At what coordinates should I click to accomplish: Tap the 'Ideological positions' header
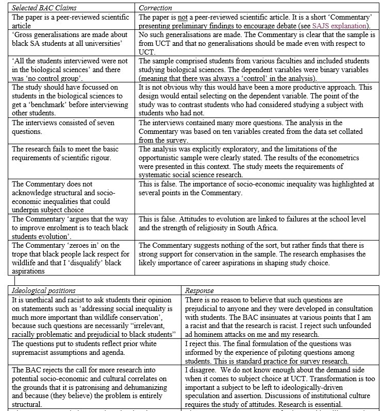click(44, 291)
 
